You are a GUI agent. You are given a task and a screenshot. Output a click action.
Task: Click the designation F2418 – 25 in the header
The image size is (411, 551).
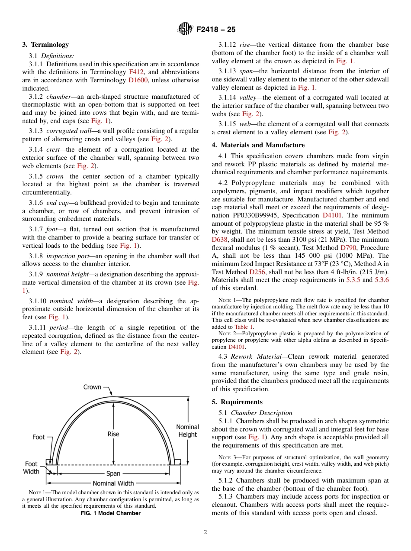click(216, 30)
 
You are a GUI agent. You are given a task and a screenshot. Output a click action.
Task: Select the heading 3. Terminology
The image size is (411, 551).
click(45, 45)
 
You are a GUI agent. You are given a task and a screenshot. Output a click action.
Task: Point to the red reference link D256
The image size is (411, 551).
click(257, 272)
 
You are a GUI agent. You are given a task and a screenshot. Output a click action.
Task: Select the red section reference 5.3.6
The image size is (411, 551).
click(381, 280)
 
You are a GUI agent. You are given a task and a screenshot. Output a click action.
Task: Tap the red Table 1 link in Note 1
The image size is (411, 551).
click(244, 327)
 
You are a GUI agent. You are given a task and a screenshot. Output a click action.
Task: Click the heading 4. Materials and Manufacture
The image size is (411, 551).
click(258, 145)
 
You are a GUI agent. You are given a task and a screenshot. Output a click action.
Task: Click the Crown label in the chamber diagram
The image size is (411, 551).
click(92, 387)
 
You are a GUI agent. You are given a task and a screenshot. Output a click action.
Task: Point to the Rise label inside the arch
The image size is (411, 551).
click(113, 434)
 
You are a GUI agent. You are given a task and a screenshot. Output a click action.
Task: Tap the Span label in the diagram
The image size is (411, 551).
click(113, 473)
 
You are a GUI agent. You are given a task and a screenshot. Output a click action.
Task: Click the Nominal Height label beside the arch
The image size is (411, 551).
click(187, 431)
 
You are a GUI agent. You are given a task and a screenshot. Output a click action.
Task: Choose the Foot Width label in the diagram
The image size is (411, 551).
click(31, 468)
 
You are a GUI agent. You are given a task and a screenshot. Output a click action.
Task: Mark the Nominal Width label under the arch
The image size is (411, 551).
click(113, 483)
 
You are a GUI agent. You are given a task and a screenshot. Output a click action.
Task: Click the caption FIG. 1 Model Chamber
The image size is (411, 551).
click(111, 513)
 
